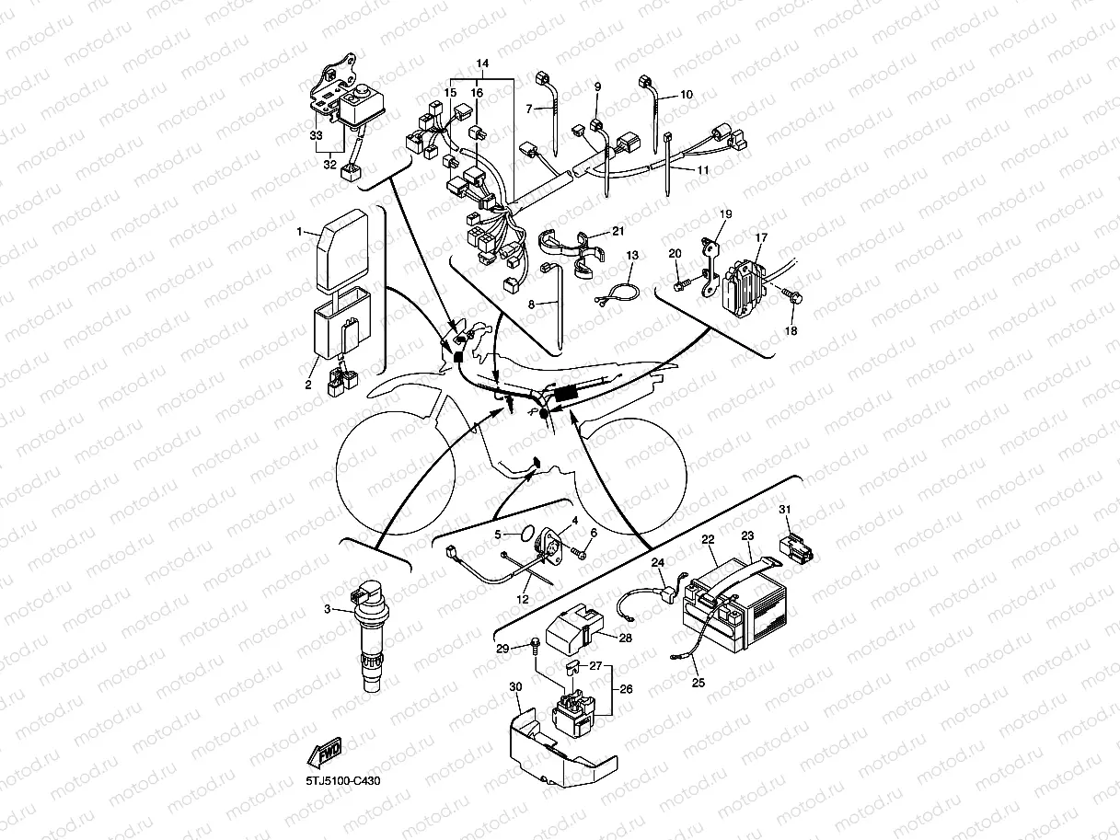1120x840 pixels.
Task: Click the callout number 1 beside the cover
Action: tap(298, 234)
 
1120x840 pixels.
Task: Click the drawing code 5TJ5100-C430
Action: tap(342, 781)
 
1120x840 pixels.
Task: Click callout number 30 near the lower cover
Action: tap(514, 686)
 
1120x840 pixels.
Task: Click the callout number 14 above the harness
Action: tap(481, 63)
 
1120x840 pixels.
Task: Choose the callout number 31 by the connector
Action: tap(784, 509)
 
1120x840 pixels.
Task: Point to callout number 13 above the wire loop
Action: tap(631, 254)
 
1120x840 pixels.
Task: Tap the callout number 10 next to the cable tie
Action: tap(687, 95)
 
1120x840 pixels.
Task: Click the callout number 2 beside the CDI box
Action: tap(309, 385)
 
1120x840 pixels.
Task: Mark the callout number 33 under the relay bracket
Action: tap(317, 134)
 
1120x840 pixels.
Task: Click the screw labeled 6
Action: tap(578, 554)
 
